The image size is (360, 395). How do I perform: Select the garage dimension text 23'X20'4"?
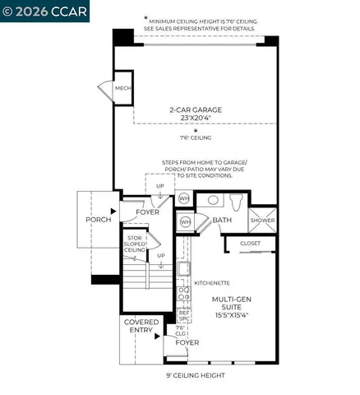point(196,118)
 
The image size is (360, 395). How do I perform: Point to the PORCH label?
point(99,221)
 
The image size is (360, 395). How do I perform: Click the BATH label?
point(223,221)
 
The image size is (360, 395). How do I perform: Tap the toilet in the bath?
point(235,201)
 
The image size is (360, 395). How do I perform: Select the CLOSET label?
point(250,244)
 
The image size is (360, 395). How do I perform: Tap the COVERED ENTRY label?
point(141,328)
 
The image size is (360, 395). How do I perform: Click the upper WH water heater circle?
point(184,198)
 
